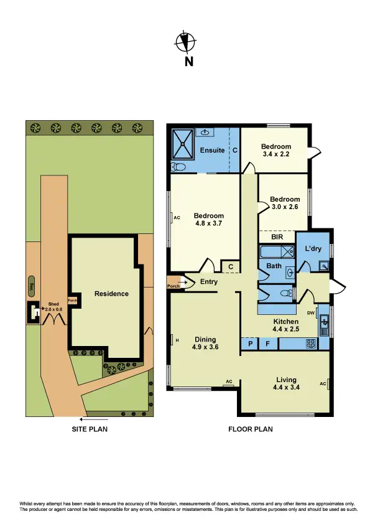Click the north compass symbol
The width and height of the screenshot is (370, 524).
(x=185, y=42)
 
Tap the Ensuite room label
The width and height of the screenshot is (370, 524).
(x=212, y=151)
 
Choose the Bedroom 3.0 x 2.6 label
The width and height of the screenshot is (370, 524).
(x=285, y=204)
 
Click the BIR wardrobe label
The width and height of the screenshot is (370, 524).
(x=277, y=237)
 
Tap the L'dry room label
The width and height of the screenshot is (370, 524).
(x=313, y=248)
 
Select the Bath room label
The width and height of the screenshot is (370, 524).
(x=274, y=266)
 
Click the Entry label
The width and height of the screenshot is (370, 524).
(x=209, y=282)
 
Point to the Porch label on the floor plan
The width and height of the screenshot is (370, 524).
(x=173, y=286)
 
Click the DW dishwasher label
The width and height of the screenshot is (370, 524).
(x=311, y=313)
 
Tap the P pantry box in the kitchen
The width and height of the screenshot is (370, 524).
(x=250, y=343)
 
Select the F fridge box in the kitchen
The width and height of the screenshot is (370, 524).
(x=268, y=343)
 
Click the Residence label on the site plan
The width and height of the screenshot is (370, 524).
(x=111, y=294)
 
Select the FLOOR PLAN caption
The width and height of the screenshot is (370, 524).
(x=250, y=429)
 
